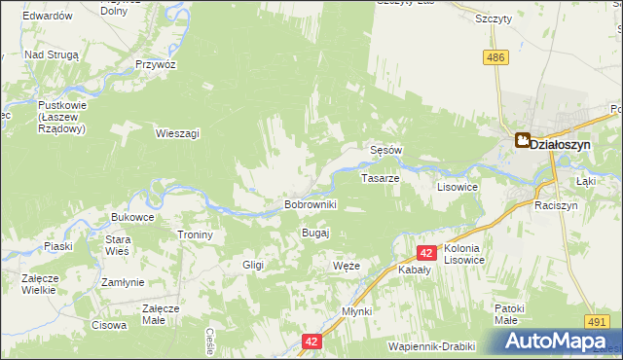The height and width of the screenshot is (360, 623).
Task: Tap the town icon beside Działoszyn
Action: [523, 141]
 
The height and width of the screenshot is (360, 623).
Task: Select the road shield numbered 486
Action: [496, 58]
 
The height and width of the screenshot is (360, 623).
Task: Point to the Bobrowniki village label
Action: [310, 205]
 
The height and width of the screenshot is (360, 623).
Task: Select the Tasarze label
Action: [380, 179]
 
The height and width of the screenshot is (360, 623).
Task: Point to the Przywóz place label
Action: [156, 64]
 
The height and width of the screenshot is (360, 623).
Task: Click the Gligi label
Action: [253, 265]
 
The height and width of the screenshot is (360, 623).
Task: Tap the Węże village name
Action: [347, 266]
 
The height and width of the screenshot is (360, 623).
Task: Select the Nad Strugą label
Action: [51, 55]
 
